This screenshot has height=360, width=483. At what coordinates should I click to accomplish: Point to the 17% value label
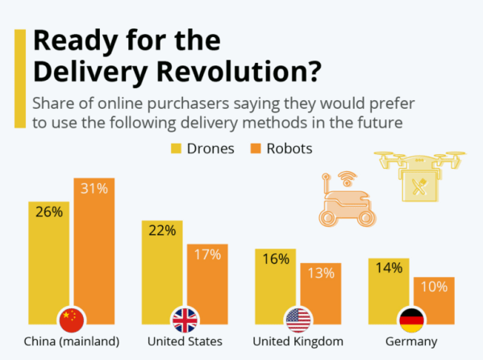coord(207,255)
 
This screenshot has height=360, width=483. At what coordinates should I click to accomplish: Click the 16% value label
coord(275,260)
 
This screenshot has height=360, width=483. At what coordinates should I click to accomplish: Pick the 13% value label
coord(321,274)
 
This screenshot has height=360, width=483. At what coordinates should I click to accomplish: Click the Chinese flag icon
coord(71,318)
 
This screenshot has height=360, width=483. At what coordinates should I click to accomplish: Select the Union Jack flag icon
coord(185,318)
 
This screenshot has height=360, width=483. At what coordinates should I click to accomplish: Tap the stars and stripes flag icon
coord(298,318)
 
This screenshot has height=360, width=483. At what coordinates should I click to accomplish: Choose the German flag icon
coord(412,318)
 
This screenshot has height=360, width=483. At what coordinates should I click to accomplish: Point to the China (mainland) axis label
coord(73,341)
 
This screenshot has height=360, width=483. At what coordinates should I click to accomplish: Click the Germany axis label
coord(411,341)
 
